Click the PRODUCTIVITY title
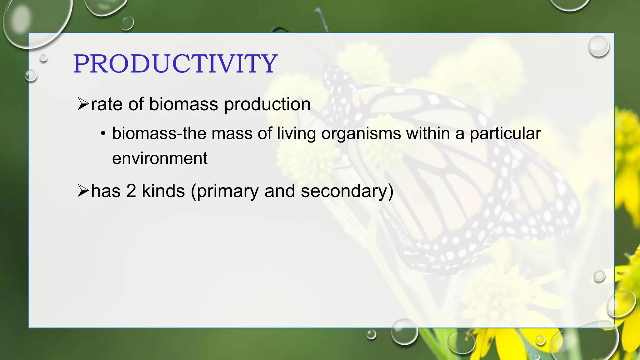coord(175,64)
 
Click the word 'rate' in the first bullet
coord(106,104)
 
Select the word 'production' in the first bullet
coord(267,105)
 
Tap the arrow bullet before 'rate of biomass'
coord(83,104)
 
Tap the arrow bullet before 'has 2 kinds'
coord(83,191)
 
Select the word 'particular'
coord(505,134)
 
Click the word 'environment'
coord(160,158)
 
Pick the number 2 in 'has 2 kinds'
coord(131,191)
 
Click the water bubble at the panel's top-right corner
coord(598,46)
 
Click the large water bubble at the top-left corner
coord(34,22)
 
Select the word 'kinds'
coord(163,191)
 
